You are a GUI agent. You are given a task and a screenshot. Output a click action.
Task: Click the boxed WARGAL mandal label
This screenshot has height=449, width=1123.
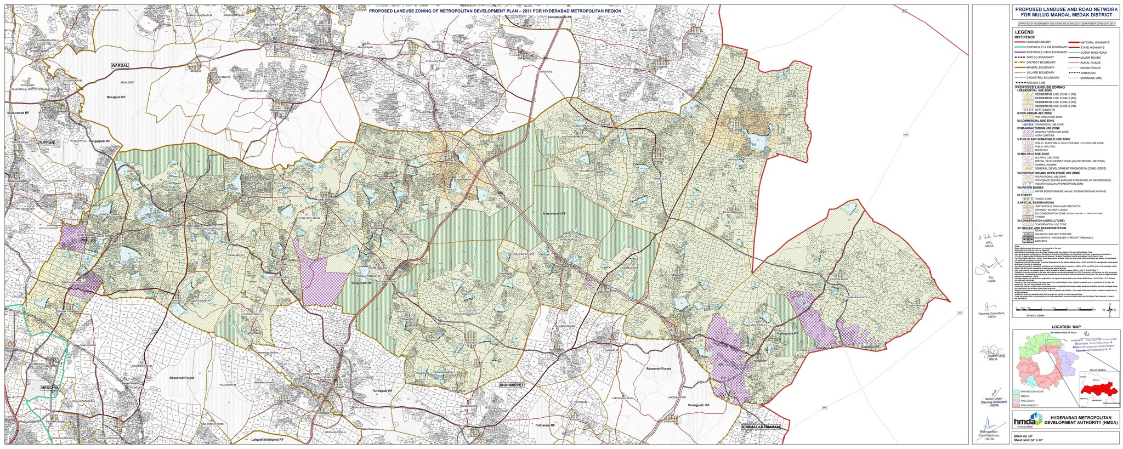[120, 65]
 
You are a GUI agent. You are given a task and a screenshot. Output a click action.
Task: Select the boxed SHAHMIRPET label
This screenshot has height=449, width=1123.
[512, 385]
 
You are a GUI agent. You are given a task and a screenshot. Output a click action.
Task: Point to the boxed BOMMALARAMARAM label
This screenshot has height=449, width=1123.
[761, 427]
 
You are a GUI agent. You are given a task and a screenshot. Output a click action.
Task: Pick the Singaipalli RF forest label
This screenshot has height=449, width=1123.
[362, 283]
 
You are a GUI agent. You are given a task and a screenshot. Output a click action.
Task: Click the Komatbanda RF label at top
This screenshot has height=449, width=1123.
[560, 18]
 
